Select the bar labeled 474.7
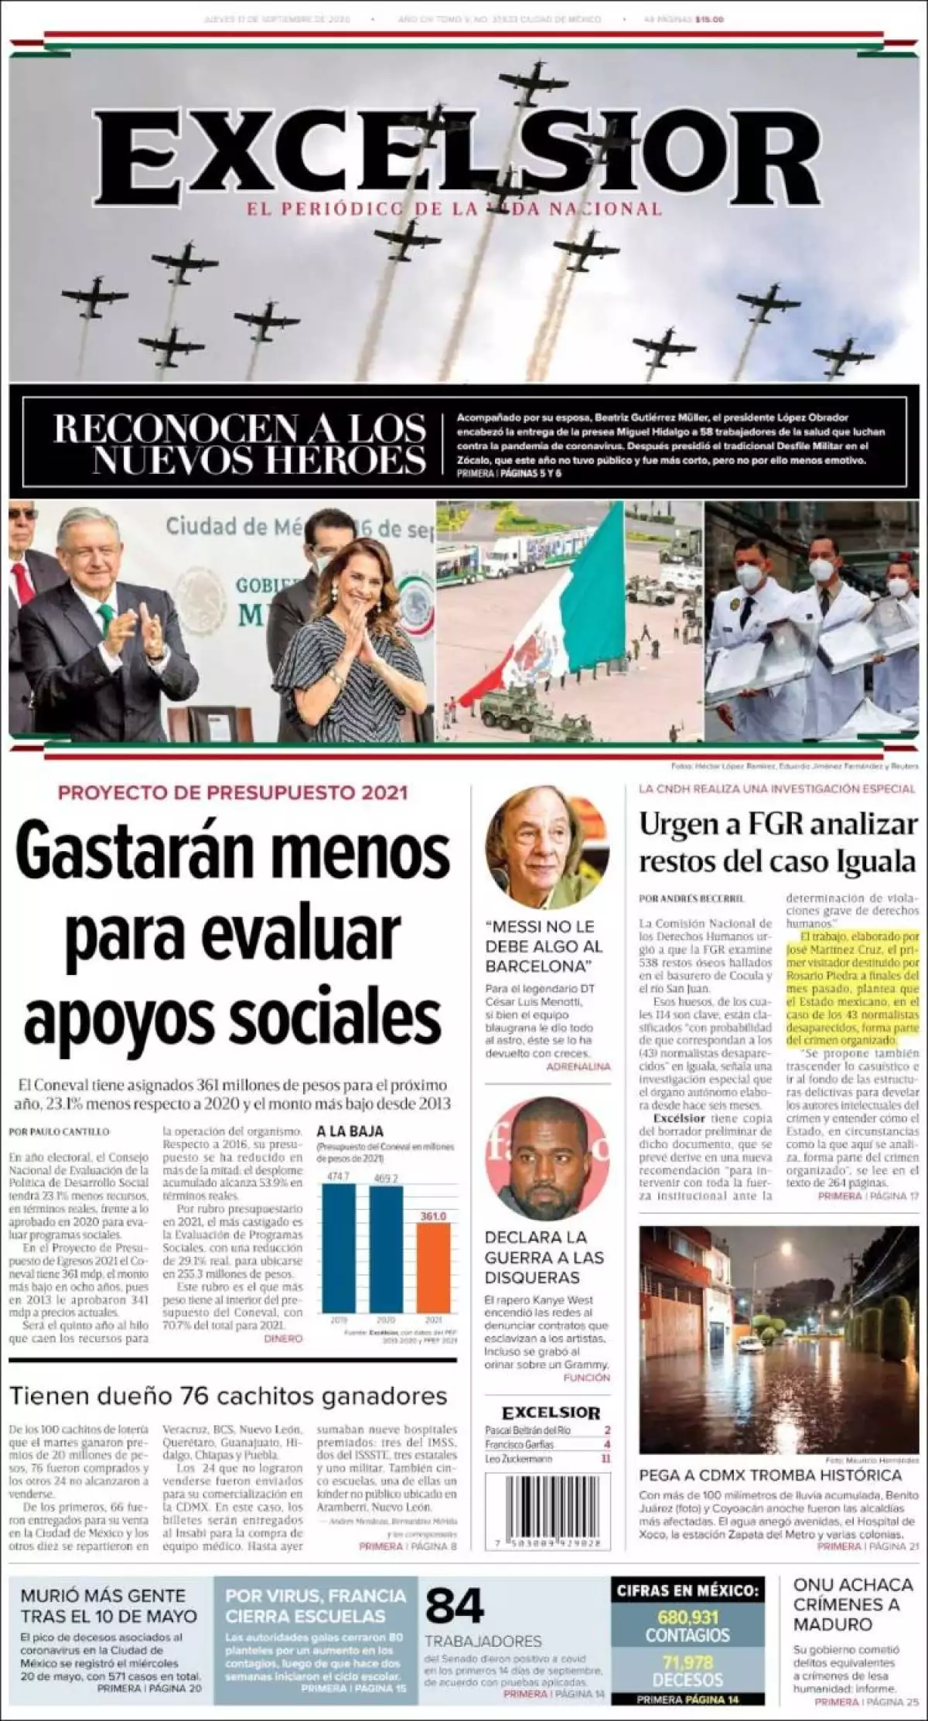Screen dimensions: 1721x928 pos(339,1246)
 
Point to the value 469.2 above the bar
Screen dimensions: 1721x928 pos(385,1178)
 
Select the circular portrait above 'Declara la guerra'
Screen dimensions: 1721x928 pos(547,1160)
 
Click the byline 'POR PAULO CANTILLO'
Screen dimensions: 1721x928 pos(59,1131)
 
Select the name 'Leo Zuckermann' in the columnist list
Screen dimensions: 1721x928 pos(519,1458)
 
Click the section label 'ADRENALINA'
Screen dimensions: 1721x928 pos(578,1066)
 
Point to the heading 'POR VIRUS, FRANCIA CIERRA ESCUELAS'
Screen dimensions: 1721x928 pos(316,1606)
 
